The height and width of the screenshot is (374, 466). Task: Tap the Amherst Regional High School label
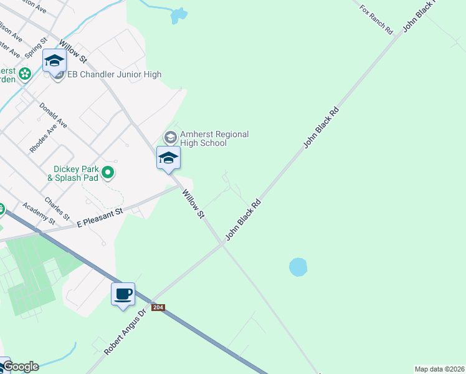[214, 138]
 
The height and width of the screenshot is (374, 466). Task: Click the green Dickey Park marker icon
[108, 172]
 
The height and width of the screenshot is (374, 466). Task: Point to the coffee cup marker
[123, 294]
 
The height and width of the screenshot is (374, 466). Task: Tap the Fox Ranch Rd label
[377, 19]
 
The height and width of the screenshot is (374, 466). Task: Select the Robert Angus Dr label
[125, 331]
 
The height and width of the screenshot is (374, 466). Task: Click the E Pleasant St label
[100, 218]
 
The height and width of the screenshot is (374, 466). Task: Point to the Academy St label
[39, 213]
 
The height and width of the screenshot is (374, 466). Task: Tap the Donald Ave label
[53, 116]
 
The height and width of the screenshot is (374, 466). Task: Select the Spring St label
[36, 50]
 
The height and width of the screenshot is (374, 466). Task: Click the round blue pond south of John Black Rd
[298, 267]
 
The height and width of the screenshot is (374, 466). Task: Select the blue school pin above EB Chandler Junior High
[54, 60]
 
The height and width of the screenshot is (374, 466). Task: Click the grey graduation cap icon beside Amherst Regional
[169, 137]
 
